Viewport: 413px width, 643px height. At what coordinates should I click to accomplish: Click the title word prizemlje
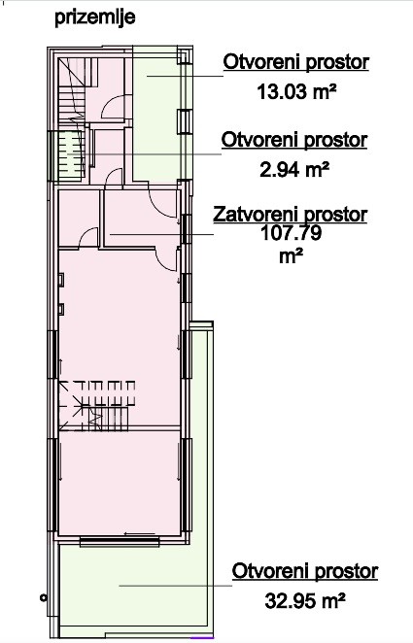95,18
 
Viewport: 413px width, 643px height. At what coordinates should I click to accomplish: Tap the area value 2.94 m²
294,169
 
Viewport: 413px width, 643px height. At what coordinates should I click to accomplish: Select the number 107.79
291,233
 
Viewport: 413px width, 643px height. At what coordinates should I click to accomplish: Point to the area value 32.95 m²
304,601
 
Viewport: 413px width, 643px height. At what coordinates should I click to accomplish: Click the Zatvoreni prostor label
290,215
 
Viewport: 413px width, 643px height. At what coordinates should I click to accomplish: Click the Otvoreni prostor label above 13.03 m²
295,62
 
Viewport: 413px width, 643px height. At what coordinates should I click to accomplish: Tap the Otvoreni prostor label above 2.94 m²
294,140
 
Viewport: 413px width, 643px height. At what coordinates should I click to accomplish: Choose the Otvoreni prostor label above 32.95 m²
305,571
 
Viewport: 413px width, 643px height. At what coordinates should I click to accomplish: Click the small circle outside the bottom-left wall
43,598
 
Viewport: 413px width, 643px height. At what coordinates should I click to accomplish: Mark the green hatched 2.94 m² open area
72,155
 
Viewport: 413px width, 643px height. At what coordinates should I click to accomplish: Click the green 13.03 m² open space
156,118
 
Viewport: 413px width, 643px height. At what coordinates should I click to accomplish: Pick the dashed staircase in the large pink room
97,405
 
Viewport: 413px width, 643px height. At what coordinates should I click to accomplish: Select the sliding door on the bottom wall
120,541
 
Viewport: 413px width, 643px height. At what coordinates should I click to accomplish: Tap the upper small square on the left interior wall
61,280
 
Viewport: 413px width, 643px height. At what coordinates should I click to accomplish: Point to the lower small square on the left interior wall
61,309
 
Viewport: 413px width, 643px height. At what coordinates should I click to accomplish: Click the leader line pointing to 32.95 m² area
176,586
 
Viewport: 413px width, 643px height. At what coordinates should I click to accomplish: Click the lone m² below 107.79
292,257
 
